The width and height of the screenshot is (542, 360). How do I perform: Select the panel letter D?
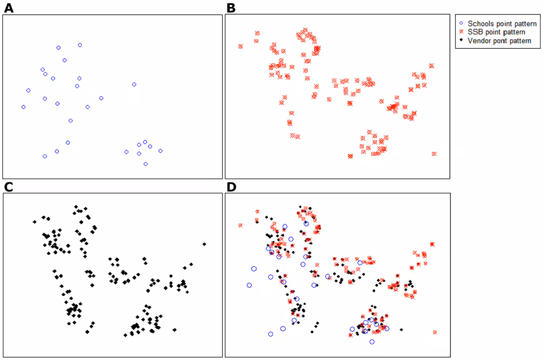[231, 187]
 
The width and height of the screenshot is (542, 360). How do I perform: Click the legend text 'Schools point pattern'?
[502, 24]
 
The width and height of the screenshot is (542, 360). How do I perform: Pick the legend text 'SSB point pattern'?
[496, 32]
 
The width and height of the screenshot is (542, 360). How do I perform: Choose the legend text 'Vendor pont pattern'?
[499, 41]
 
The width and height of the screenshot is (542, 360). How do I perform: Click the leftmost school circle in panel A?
[23, 107]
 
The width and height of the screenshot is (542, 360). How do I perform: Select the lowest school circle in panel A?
[145, 164]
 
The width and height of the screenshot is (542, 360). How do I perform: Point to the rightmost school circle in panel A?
[160, 151]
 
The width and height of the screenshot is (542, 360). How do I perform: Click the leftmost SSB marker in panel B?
[241, 47]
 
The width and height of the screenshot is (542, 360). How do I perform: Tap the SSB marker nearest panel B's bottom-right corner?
[434, 154]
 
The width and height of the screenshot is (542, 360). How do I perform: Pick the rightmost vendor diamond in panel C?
[204, 244]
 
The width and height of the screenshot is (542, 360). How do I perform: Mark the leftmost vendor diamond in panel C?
[35, 221]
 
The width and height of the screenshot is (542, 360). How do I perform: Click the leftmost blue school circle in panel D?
[249, 285]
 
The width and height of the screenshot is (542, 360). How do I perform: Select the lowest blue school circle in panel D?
[372, 342]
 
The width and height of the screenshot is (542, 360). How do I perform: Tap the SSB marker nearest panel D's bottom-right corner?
[435, 332]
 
